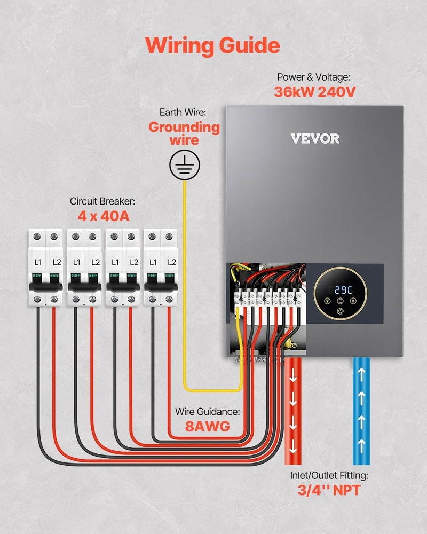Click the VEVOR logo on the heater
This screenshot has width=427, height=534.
[315, 139]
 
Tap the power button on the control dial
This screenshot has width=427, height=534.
[340, 310]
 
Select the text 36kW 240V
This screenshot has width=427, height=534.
[315, 91]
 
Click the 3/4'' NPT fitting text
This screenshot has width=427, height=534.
[326, 490]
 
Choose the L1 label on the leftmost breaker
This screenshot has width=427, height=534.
[37, 262]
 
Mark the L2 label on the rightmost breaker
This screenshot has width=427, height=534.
[172, 262]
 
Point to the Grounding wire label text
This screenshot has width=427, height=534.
[184, 133]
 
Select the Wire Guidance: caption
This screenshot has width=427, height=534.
[208, 412]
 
